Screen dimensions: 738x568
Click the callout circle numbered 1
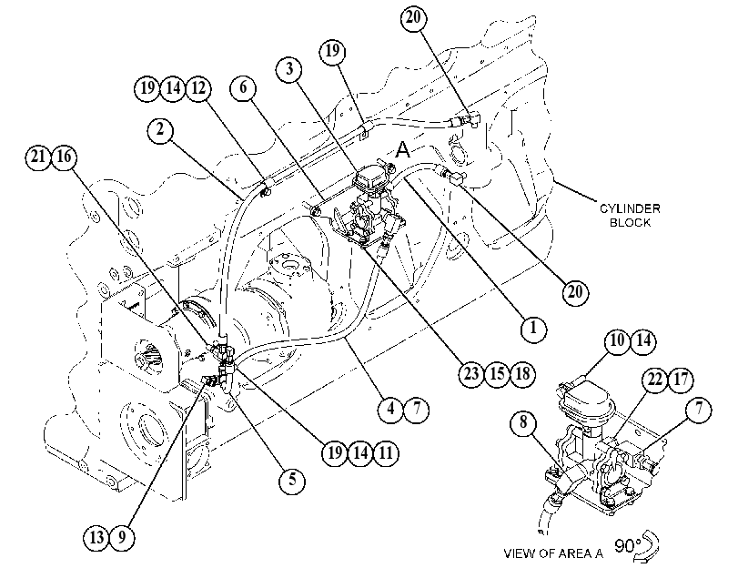533,328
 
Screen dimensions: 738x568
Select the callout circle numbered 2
160,129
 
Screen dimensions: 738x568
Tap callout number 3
289,69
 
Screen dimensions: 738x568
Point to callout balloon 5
292,480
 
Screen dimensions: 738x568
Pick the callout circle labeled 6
243,87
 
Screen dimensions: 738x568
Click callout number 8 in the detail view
523,422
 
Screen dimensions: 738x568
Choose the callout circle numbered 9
122,537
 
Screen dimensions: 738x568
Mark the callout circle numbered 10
617,340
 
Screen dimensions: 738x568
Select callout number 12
198,88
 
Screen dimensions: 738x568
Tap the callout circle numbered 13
96,537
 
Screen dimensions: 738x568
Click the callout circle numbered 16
64,157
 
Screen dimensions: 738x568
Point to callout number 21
38,157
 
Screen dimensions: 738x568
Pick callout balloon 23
471,374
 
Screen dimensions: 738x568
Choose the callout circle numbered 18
522,374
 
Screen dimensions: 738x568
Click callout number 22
655,380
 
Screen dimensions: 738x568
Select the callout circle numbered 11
386,453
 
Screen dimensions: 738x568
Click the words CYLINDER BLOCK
630,215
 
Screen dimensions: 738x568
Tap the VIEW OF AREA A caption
553,553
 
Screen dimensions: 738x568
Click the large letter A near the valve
403,149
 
